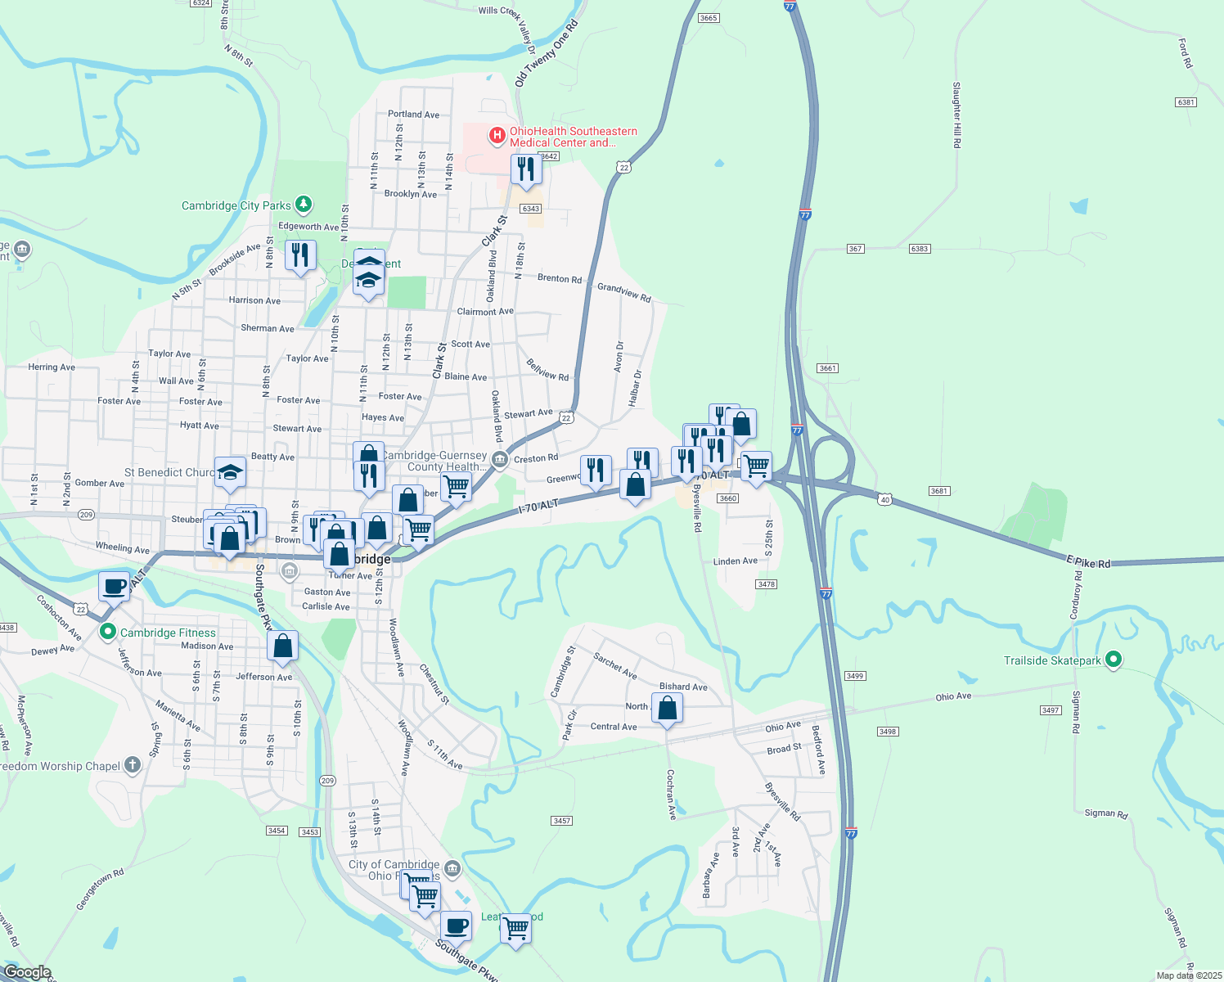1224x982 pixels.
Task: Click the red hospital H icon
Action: [497, 135]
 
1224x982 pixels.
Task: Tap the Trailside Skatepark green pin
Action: [1113, 660]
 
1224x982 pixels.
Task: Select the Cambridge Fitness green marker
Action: [107, 632]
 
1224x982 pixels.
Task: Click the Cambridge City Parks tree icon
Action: [304, 203]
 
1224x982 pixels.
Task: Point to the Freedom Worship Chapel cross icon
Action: [132, 765]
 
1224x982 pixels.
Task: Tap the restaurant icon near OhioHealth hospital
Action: [525, 169]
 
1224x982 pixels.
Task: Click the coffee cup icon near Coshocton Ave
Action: [115, 586]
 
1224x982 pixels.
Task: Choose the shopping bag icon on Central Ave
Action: [668, 709]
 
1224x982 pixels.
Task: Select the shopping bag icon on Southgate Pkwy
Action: [282, 646]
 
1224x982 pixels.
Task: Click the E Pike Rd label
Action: [1088, 562]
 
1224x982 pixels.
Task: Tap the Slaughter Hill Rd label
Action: [956, 115]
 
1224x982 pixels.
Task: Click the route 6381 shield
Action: [1186, 102]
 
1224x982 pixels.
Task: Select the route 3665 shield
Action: [709, 18]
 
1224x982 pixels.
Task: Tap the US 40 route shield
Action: [884, 499]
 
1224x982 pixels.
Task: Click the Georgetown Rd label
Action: [100, 890]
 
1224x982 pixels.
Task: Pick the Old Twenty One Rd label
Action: [546, 53]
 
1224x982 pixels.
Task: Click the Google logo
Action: [27, 972]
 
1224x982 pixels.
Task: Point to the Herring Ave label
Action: [52, 367]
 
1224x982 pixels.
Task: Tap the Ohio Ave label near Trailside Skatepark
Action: [953, 696]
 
